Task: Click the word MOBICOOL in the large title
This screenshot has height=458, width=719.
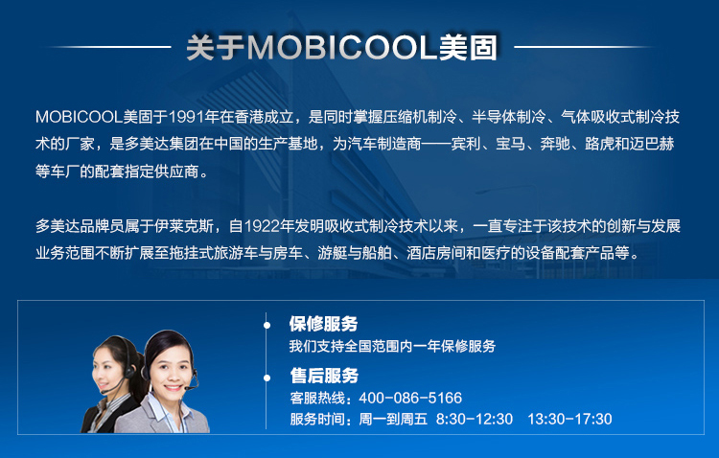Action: click(x=342, y=47)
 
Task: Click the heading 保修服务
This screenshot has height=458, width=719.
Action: click(x=323, y=324)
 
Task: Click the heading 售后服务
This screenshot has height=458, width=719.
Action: click(x=324, y=376)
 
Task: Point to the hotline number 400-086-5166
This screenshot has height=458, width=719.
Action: click(x=410, y=398)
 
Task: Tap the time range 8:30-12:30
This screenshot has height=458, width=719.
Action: click(x=475, y=419)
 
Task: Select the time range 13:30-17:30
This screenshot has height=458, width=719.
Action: click(x=569, y=419)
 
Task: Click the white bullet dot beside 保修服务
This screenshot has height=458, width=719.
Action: click(x=267, y=325)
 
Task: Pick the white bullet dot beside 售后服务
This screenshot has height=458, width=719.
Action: click(x=267, y=378)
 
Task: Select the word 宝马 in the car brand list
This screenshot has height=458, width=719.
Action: click(x=510, y=144)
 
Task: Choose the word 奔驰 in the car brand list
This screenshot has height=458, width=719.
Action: click(x=555, y=144)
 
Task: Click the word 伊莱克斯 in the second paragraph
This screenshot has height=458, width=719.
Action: click(x=184, y=226)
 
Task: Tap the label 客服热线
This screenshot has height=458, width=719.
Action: click(x=317, y=398)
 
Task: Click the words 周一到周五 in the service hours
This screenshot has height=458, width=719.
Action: click(x=392, y=419)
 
